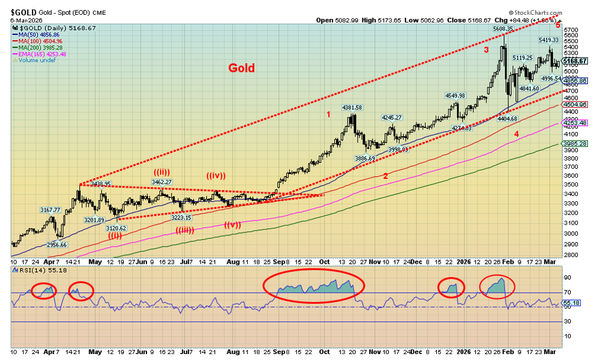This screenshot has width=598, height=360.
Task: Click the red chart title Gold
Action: [242, 68]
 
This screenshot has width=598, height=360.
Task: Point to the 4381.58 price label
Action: [351, 107]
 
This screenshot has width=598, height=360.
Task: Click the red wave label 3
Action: [486, 50]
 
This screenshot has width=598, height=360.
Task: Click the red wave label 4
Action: [516, 135]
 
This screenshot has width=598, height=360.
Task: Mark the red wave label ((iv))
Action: [217, 175]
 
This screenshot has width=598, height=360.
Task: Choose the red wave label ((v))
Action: [233, 224]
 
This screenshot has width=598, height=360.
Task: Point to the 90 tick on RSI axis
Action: [567, 277]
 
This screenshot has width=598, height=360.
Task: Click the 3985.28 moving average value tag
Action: [574, 144]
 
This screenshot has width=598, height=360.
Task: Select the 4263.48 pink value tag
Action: [574, 123]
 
